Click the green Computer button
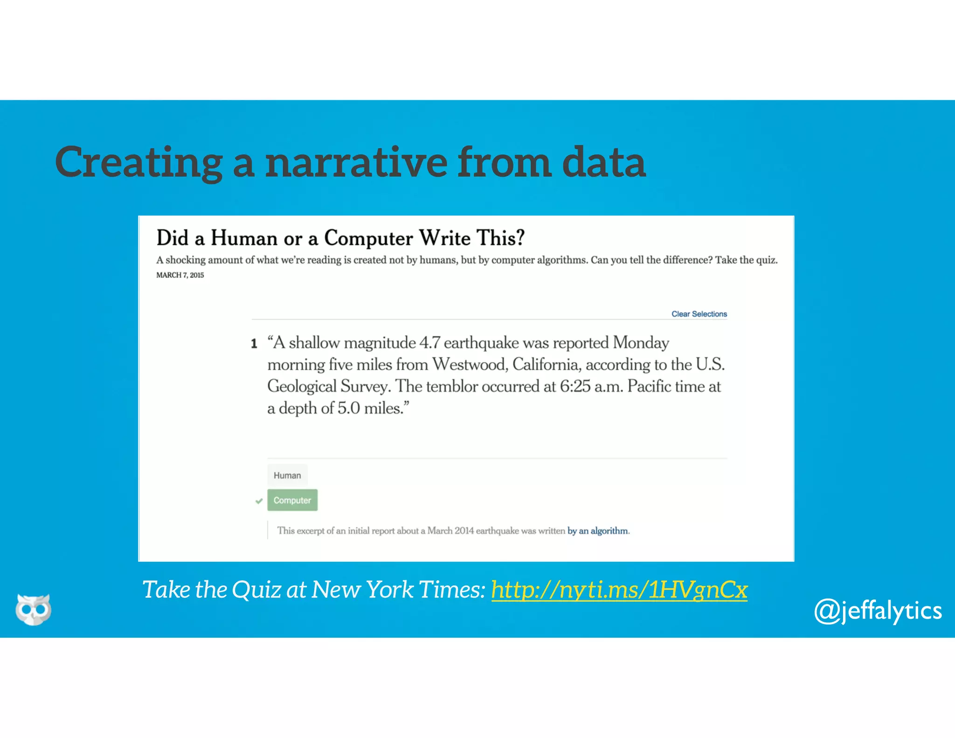(292, 500)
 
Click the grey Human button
(287, 475)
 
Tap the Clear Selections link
(699, 314)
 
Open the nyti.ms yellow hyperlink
(619, 590)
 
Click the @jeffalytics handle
(878, 611)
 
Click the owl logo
(33, 609)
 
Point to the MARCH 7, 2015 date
(180, 275)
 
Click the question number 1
(254, 344)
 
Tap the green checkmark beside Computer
(259, 501)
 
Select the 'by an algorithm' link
(597, 531)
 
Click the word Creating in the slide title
(138, 163)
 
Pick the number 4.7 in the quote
(429, 343)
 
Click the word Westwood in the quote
(470, 364)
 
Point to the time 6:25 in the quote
(575, 386)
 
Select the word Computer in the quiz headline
(368, 238)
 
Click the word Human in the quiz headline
(244, 238)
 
